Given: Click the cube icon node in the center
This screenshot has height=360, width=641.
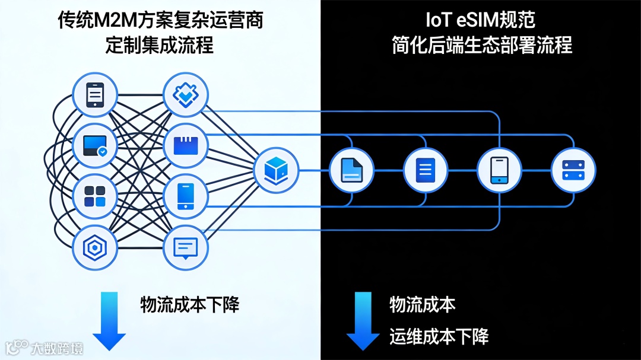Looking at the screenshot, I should click(x=276, y=170).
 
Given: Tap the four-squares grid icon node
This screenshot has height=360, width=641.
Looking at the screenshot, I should click(x=95, y=195).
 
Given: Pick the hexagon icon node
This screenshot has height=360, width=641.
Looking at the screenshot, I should click(x=95, y=248).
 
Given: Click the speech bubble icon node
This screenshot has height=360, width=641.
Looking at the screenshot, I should click(x=185, y=248).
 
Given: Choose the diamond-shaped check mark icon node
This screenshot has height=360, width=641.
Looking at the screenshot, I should click(x=185, y=94).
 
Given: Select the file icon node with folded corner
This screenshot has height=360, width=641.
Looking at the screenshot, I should click(x=351, y=170).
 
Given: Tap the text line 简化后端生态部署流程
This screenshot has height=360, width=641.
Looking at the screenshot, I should click(x=481, y=46).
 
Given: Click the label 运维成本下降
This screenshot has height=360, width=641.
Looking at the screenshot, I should click(x=439, y=336).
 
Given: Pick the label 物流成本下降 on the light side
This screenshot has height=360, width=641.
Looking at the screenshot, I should click(x=189, y=305).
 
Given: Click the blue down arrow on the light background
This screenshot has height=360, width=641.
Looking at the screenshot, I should click(x=109, y=320).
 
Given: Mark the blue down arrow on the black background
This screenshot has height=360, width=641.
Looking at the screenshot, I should click(x=363, y=320).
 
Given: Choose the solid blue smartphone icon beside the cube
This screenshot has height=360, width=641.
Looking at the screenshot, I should click(x=185, y=195).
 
